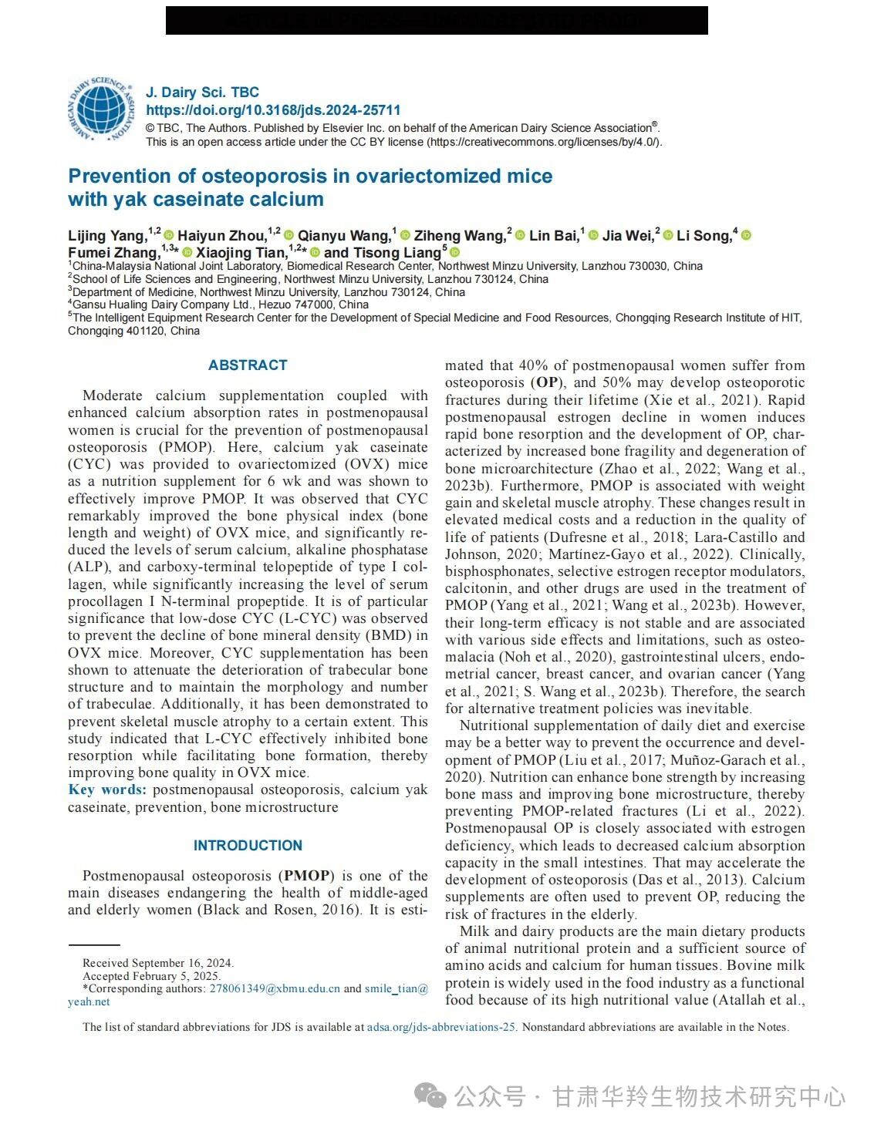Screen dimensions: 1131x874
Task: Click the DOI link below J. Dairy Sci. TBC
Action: tap(273, 110)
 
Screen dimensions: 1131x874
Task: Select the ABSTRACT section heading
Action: tap(248, 365)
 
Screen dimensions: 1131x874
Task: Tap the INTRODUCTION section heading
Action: tap(248, 846)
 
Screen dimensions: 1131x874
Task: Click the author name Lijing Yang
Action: tap(106, 236)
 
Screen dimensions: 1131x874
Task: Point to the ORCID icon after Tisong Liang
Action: tap(454, 252)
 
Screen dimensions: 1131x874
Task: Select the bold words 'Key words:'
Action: tap(106, 789)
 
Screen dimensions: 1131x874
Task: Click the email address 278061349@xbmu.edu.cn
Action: tap(275, 988)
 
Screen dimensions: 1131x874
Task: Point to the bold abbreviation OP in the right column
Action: tap(547, 382)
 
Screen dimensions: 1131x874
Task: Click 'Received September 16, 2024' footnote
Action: tap(158, 963)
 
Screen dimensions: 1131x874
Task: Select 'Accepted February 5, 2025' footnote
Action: tap(151, 975)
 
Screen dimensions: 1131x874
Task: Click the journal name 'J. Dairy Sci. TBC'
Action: tap(202, 93)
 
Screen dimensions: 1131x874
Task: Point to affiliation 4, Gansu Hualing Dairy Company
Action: tap(220, 305)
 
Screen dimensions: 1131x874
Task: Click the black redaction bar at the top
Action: tap(437, 21)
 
